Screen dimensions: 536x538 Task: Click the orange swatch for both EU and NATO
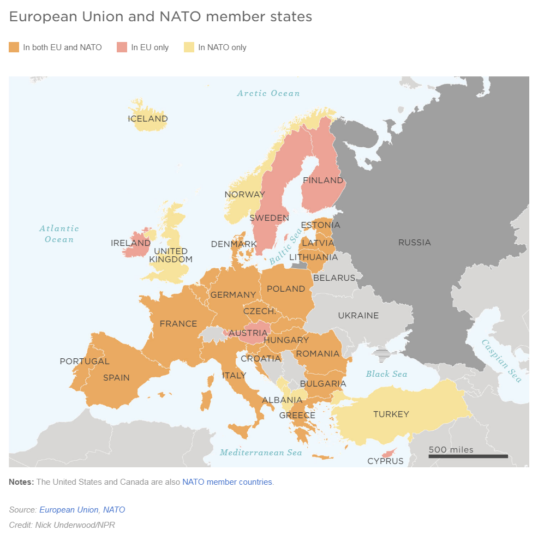14,47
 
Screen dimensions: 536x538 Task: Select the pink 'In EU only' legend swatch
122,47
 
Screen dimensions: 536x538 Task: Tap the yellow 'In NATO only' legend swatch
189,47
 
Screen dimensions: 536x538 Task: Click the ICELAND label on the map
148,118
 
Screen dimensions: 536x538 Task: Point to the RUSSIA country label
414,242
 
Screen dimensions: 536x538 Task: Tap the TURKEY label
391,414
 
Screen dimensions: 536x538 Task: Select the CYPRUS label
385,461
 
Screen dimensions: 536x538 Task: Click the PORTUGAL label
85,361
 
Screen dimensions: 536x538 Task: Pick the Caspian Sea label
501,360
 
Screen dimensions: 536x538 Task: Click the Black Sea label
386,374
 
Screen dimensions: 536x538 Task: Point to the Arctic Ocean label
268,93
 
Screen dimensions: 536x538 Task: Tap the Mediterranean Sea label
261,452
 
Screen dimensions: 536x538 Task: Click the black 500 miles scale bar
468,456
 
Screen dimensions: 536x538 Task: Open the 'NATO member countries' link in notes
227,482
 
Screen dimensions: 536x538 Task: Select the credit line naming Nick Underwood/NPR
62,525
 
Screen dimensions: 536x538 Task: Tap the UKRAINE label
358,315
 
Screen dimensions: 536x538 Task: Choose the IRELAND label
130,243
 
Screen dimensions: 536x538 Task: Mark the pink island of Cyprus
389,453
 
